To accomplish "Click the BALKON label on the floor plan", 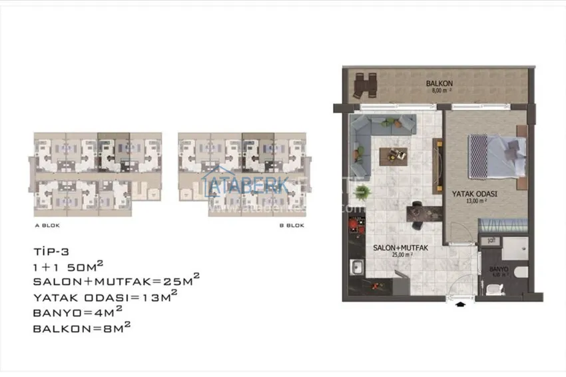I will click(440, 83).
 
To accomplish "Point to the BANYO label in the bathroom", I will click(499, 270).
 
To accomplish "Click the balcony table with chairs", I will click(366, 85).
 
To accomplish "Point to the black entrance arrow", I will click(459, 306).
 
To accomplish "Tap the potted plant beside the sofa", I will click(362, 192).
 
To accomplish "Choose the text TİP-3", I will click(51, 252).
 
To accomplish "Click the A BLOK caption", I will click(47, 225).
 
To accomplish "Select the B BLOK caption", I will click(292, 225).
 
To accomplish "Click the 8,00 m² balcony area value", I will click(440, 90).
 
